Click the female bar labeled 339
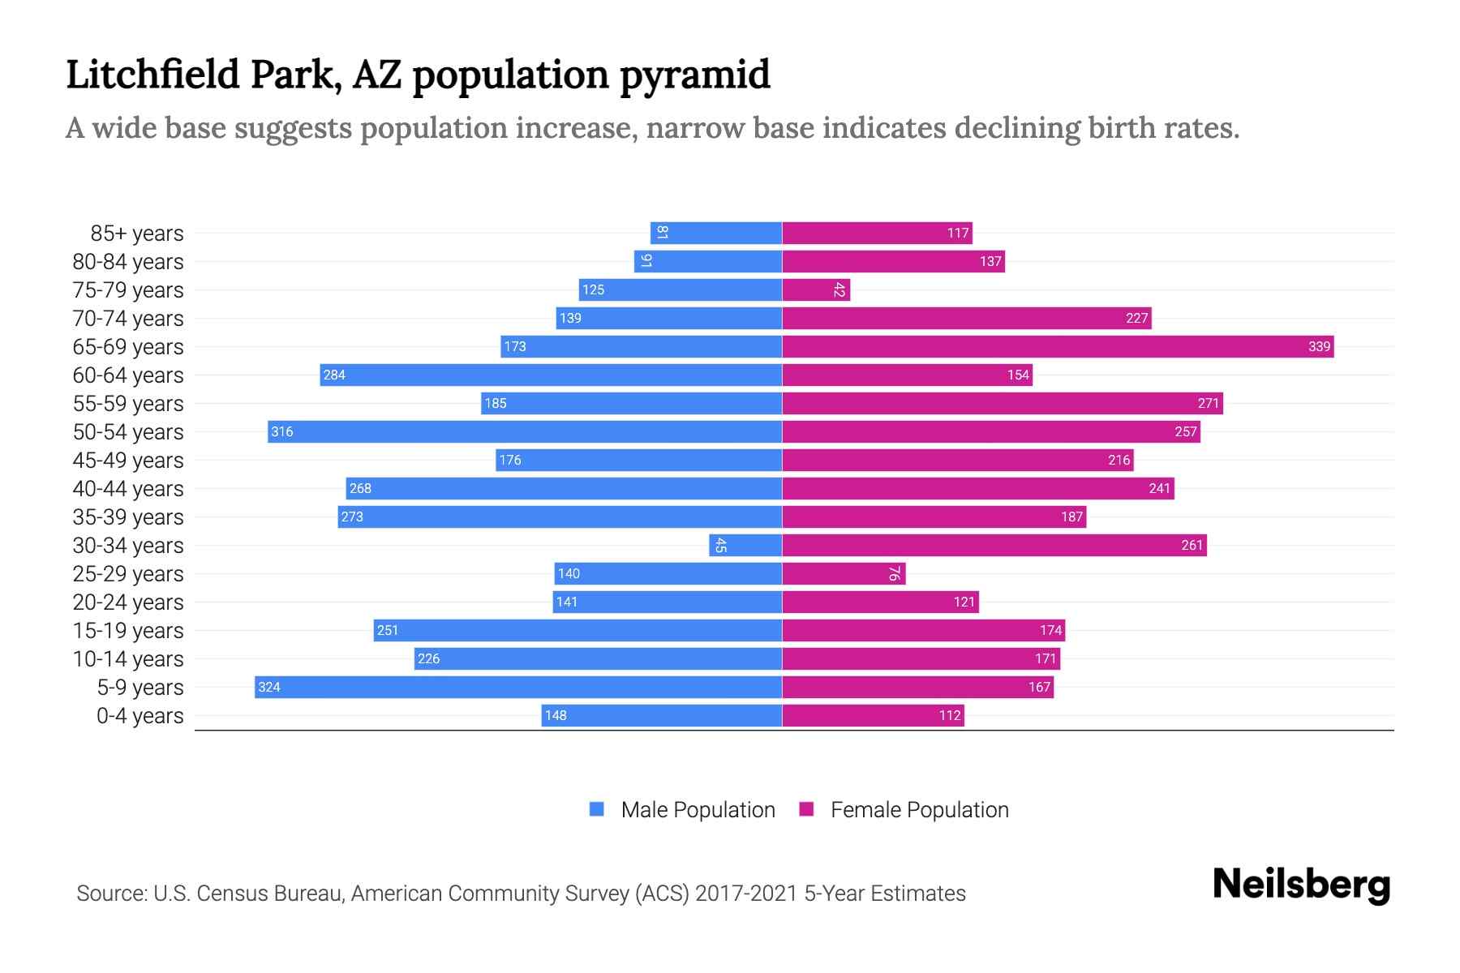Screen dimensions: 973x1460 (1058, 347)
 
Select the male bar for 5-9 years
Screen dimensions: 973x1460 (518, 688)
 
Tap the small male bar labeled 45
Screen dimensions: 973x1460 (745, 546)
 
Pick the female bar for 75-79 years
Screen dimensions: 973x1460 (816, 290)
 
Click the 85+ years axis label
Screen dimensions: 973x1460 (137, 234)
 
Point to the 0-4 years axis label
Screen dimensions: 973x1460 (140, 716)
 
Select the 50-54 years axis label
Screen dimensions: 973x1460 (128, 432)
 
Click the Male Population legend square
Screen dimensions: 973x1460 (597, 809)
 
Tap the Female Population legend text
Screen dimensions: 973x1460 (919, 810)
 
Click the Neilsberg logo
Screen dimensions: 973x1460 (1301, 885)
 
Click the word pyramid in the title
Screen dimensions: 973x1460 (694, 75)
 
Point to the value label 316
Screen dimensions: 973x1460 (282, 432)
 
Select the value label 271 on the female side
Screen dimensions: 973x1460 (1208, 404)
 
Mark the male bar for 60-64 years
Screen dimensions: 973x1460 (551, 375)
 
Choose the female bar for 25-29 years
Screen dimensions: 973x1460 (844, 574)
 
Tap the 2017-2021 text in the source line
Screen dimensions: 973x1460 (746, 894)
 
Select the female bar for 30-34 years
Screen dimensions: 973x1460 (994, 546)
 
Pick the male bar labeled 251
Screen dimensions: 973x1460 (578, 631)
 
